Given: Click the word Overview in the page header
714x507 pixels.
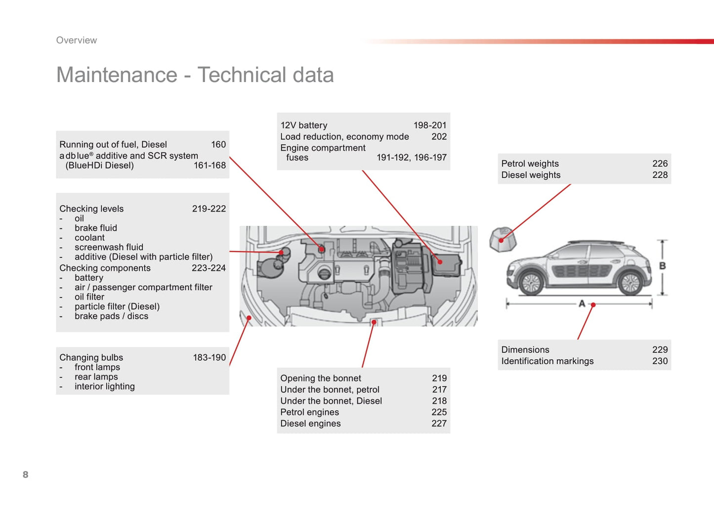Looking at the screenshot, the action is coord(77,40).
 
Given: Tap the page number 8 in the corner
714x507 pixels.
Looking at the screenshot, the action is coord(26,474).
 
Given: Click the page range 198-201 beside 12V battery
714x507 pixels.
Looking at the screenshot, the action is coord(430,126).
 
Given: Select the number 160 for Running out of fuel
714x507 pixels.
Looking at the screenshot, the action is coord(218,144).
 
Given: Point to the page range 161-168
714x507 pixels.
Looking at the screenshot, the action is coord(210,165).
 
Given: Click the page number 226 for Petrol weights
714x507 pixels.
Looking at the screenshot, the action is coord(660,164).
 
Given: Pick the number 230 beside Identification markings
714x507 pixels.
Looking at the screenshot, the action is coord(660,361).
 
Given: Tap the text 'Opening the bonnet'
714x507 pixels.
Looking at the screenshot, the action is coord(321,378).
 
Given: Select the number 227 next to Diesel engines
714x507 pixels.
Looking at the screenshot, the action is coord(439,423).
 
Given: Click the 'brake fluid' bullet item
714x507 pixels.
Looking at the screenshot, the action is coord(96,228).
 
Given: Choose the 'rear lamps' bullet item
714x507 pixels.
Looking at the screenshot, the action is coord(96,377).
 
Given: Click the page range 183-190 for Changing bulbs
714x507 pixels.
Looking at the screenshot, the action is coord(209,357).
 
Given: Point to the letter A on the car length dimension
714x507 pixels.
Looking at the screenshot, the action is coord(582,303).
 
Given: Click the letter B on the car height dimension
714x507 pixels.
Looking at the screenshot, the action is coord(662,266).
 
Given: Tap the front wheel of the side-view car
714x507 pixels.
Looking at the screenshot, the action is coord(531,283).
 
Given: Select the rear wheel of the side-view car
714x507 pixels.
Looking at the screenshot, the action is coord(630,283).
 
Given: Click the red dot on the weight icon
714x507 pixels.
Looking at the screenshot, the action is coord(501,241).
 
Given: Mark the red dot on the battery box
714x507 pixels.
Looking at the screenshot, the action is coord(440,262).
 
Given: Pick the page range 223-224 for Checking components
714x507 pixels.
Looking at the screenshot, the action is coord(209,268).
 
